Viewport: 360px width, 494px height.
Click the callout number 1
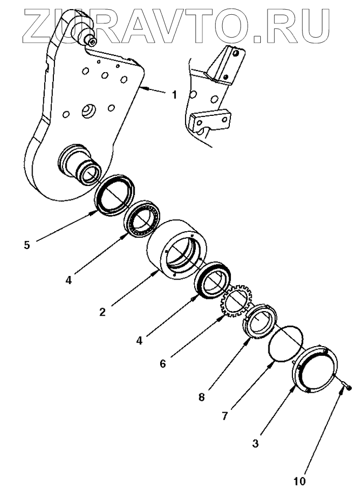(x=174, y=95)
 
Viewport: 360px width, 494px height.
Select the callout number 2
(x=103, y=312)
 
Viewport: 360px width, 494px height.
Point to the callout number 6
(x=163, y=363)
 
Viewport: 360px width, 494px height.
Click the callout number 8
(x=201, y=397)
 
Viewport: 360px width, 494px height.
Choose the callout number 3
(x=255, y=443)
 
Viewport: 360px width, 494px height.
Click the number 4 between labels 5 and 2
(x=68, y=279)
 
